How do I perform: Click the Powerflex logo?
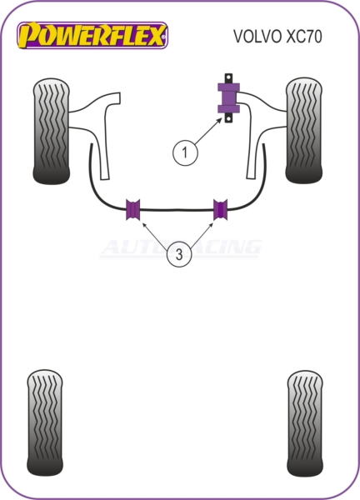[92, 35]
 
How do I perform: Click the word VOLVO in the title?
[258, 37]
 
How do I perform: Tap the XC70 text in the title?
[304, 37]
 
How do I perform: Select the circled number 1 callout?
[185, 152]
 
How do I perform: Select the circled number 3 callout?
[179, 254]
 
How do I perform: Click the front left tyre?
[51, 131]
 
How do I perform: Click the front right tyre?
[304, 130]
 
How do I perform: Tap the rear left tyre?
[45, 422]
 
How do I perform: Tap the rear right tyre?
[305, 423]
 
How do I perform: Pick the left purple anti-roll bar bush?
[133, 209]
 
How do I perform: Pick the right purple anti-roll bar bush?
[220, 209]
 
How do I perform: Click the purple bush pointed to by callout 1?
[228, 97]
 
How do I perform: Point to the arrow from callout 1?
[207, 131]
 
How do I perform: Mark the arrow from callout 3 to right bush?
[201, 235]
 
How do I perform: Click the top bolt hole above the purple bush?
[228, 78]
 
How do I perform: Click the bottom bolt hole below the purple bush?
[228, 118]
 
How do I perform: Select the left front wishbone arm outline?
[95, 134]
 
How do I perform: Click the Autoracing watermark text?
[181, 247]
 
